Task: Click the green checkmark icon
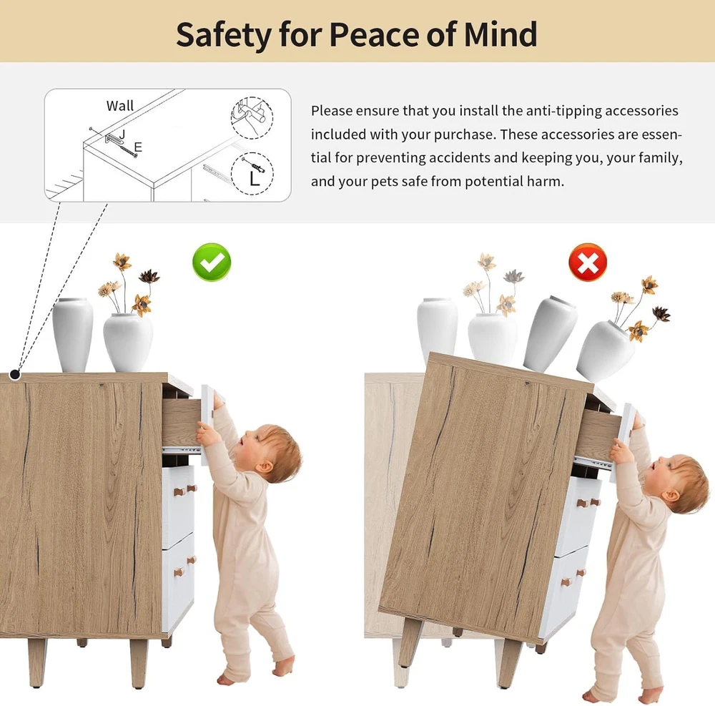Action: (x=212, y=263)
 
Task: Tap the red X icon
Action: (x=588, y=263)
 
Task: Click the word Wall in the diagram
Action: (x=120, y=106)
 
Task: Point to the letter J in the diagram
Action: (x=122, y=134)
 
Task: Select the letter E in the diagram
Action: (x=138, y=147)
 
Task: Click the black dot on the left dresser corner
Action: (x=15, y=375)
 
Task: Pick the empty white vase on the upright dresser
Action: (x=72, y=335)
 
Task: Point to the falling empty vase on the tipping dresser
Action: (x=549, y=333)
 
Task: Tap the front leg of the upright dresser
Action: (x=139, y=664)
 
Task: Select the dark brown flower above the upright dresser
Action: (x=149, y=275)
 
